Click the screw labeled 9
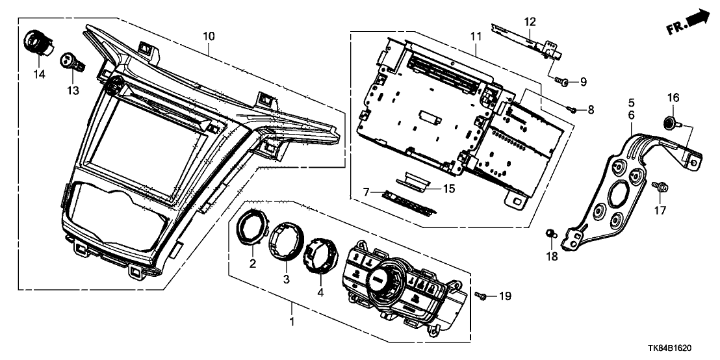point(563,81)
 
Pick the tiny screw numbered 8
point(570,109)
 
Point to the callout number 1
point(292,322)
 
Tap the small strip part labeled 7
point(409,198)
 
